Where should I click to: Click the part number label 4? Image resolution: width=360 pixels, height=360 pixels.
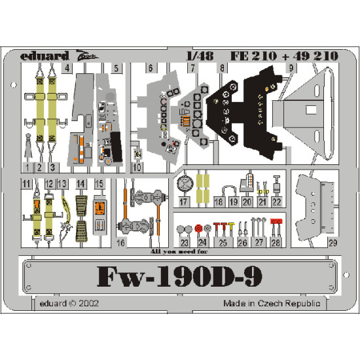(67, 67)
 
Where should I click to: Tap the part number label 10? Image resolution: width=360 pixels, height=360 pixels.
(136, 167)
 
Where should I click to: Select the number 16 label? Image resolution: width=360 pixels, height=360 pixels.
(120, 242)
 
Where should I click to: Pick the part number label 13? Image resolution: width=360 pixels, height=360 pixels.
(63, 185)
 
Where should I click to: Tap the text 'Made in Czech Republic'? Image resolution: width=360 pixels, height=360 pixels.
(271, 304)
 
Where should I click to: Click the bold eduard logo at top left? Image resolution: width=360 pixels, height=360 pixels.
(43, 56)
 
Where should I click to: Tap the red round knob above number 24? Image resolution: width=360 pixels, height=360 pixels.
(198, 228)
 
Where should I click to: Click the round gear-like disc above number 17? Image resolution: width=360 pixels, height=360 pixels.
(185, 183)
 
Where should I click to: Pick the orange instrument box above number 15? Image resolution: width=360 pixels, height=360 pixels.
(99, 209)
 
